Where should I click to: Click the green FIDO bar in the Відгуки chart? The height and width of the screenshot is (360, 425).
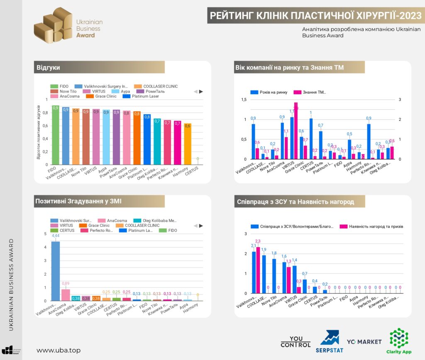click(55, 135)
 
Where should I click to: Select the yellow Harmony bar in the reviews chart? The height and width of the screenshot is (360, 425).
click(188, 144)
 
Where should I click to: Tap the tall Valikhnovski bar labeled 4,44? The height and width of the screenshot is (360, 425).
click(55, 271)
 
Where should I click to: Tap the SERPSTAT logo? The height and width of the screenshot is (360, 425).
click(329, 338)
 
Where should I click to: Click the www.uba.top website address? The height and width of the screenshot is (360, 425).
click(59, 350)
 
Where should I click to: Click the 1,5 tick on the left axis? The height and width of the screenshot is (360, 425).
click(243, 100)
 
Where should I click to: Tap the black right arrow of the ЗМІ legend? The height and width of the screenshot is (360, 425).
click(201, 226)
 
